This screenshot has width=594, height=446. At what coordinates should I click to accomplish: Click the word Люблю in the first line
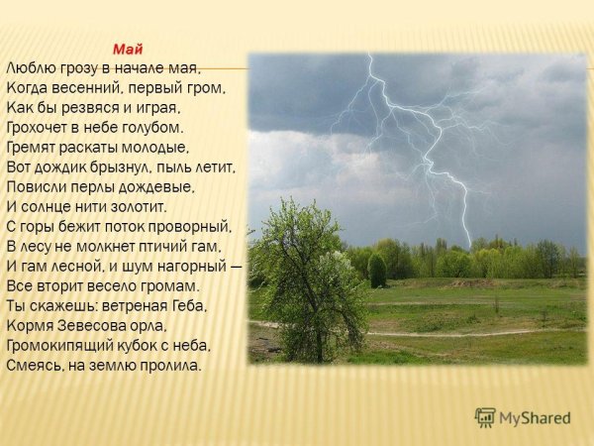tap(30, 68)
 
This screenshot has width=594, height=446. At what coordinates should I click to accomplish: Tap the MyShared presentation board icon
tap(485, 417)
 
